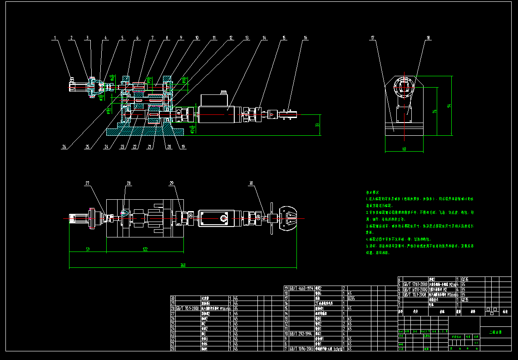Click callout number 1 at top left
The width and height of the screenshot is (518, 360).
click(x=55, y=38)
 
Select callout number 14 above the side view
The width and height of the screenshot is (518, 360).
click(x=263, y=38)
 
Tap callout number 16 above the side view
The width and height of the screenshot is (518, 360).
click(x=306, y=38)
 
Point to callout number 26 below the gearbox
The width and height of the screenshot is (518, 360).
click(x=64, y=147)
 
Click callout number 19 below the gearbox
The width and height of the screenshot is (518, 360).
click(x=183, y=147)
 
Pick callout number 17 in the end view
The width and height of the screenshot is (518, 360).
click(x=372, y=38)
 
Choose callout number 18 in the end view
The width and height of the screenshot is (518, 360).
click(x=427, y=38)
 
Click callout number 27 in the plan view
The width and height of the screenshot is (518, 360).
click(x=88, y=183)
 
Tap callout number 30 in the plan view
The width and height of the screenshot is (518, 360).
click(x=251, y=183)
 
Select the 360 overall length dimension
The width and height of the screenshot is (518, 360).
click(x=183, y=265)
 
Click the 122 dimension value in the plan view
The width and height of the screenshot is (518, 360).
click(x=145, y=249)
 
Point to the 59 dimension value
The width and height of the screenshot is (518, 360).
click(x=88, y=249)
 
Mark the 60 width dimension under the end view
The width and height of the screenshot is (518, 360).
click(x=404, y=148)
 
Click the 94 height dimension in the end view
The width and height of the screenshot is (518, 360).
click(x=449, y=106)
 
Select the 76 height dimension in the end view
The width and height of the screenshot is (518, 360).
click(x=434, y=111)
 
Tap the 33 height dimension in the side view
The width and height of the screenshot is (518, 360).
click(x=317, y=125)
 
